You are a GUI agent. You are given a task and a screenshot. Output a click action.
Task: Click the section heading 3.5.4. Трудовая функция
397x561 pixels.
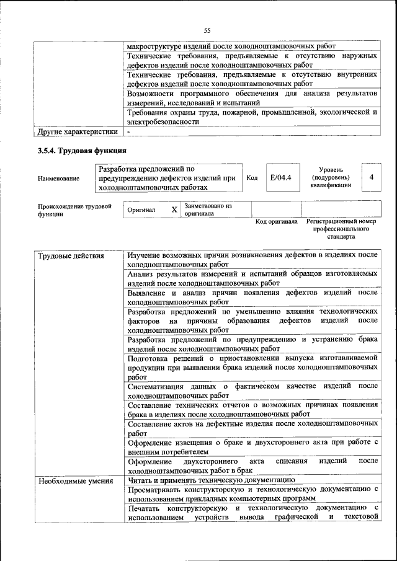click(x=82, y=150)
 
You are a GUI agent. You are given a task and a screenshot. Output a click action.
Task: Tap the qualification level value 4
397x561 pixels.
click(x=370, y=178)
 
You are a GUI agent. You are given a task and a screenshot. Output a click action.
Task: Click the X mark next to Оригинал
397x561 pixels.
click(x=174, y=210)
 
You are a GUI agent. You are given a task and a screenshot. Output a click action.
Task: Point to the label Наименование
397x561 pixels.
click(x=58, y=179)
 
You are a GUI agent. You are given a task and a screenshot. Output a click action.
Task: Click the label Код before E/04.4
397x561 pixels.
click(x=252, y=178)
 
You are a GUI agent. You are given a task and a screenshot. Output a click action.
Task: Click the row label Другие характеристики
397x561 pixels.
click(x=78, y=131)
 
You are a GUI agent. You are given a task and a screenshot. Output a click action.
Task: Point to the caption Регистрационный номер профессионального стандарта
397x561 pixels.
click(x=346, y=229)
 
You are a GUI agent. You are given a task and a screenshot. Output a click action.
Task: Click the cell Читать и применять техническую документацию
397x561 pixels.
click(x=211, y=480)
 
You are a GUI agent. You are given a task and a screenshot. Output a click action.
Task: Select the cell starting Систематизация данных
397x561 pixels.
click(x=252, y=391)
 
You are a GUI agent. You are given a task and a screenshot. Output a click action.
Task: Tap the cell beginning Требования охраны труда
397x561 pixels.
click(x=252, y=117)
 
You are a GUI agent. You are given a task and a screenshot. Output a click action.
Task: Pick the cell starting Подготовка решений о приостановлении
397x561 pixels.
click(x=252, y=367)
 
